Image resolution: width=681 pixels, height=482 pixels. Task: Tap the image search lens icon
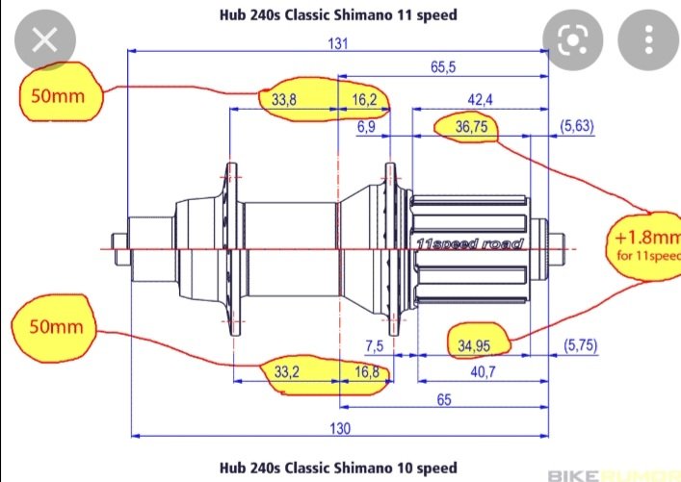pos(572,40)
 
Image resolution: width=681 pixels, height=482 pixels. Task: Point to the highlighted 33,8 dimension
pos(284,100)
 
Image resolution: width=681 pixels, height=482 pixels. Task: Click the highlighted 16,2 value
pos(364,100)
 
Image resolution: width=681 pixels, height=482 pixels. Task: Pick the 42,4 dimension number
pos(480,100)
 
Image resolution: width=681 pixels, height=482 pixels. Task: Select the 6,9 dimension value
pos(366,126)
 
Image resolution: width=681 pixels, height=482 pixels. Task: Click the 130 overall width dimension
pos(338,427)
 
